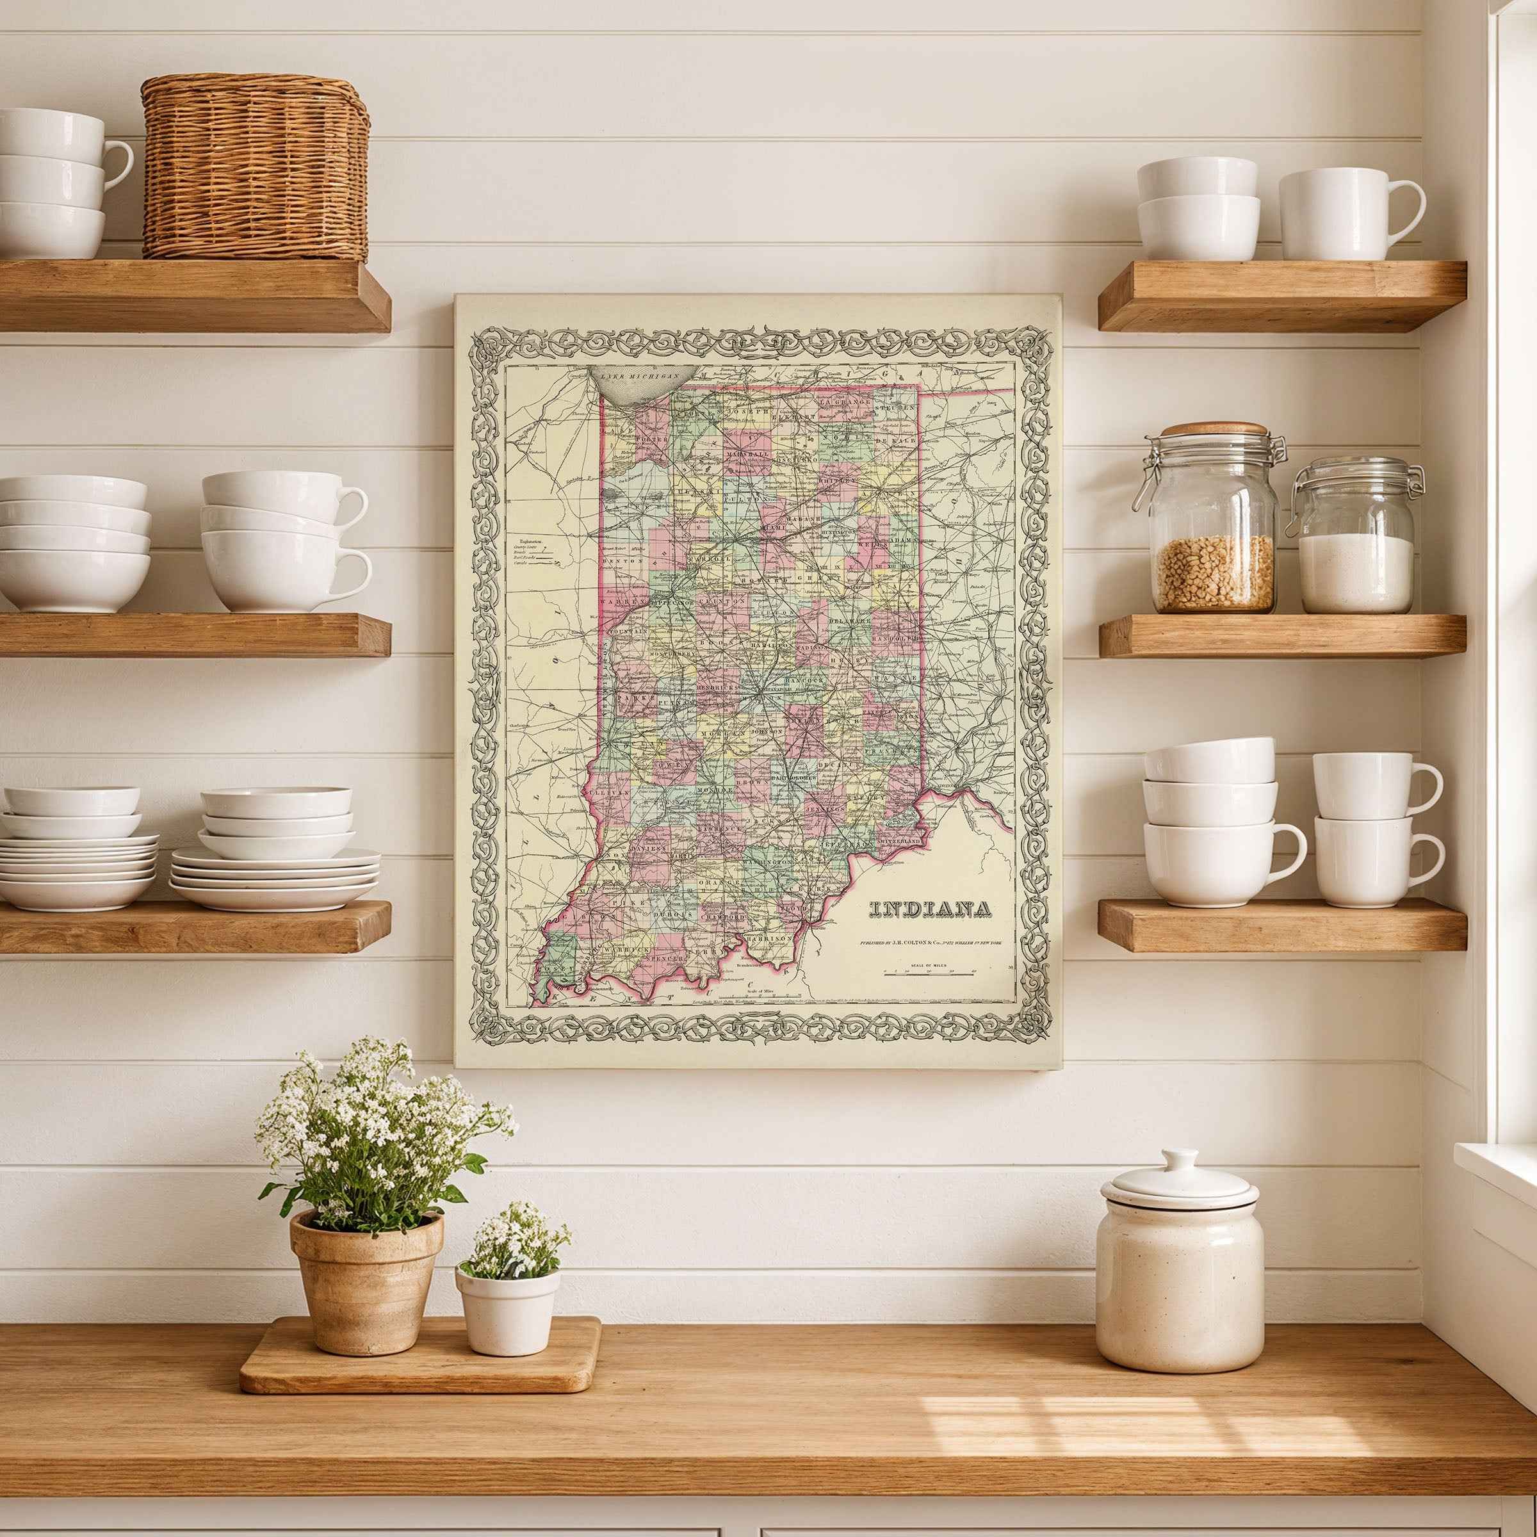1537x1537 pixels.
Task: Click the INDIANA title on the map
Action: pyautogui.click(x=930, y=909)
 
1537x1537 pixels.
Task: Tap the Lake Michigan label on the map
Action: pyautogui.click(x=640, y=375)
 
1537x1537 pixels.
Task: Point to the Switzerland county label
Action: pyautogui.click(x=900, y=841)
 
